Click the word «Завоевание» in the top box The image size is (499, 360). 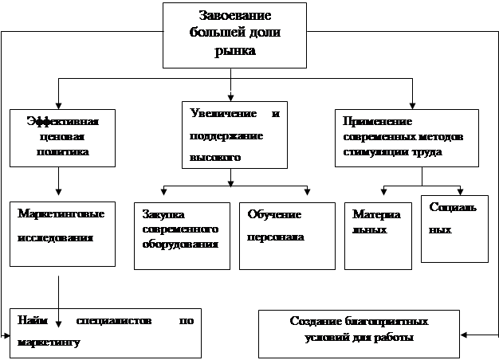pos(235,15)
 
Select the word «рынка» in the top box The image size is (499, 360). pos(235,51)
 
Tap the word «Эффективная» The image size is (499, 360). pos(63,122)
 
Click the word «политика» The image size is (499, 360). pos(63,151)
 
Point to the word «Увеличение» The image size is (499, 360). pos(223,113)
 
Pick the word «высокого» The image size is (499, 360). pos(215,157)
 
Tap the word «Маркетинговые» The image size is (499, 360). pos(61,213)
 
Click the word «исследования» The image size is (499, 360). pos(55,238)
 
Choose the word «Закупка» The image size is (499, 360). pos(163,215)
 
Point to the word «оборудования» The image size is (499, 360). pos(180,244)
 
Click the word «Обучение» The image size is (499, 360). pos(274,215)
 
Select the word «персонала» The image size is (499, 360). pos(276,237)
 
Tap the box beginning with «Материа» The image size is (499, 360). pos(378,236)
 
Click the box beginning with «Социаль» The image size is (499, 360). pos(455,229)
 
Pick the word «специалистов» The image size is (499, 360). pos(114,320)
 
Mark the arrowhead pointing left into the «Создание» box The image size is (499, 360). pos(463,335)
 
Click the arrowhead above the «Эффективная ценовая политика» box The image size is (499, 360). pos(58,106)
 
